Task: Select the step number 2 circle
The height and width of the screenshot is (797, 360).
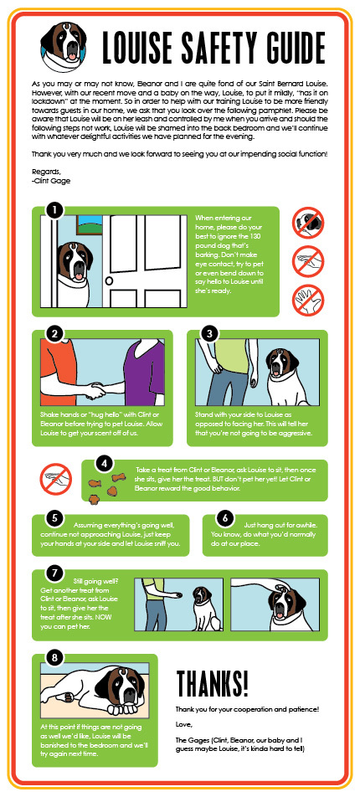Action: (x=54, y=333)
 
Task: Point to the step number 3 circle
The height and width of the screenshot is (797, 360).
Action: (x=209, y=333)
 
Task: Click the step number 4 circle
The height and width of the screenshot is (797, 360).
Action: (x=104, y=463)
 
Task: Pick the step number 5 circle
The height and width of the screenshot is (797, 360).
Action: (x=54, y=518)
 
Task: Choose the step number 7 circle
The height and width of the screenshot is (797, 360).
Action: (x=54, y=574)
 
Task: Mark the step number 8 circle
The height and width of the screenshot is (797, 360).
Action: (x=54, y=658)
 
